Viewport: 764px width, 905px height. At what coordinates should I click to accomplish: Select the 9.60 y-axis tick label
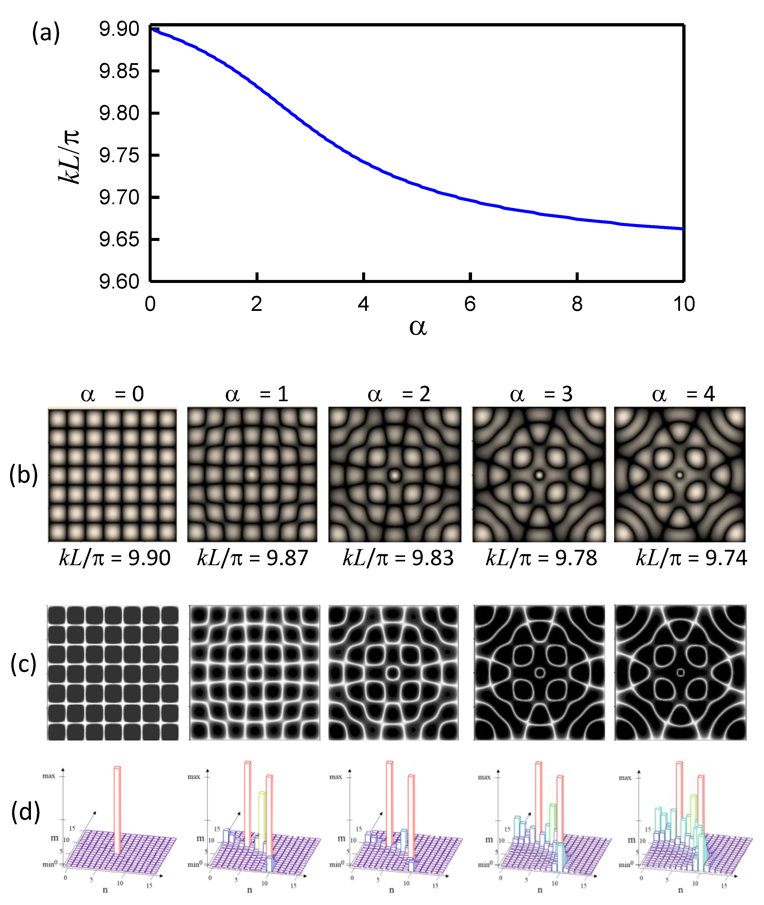click(119, 282)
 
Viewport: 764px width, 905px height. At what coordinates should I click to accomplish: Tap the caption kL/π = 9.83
click(398, 558)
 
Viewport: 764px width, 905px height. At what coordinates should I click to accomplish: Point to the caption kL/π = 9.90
click(114, 558)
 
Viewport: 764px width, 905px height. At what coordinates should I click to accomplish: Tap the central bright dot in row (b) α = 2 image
click(394, 475)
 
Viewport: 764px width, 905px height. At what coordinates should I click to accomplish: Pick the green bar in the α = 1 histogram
click(261, 814)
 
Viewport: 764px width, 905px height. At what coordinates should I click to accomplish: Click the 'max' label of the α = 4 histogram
click(624, 778)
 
